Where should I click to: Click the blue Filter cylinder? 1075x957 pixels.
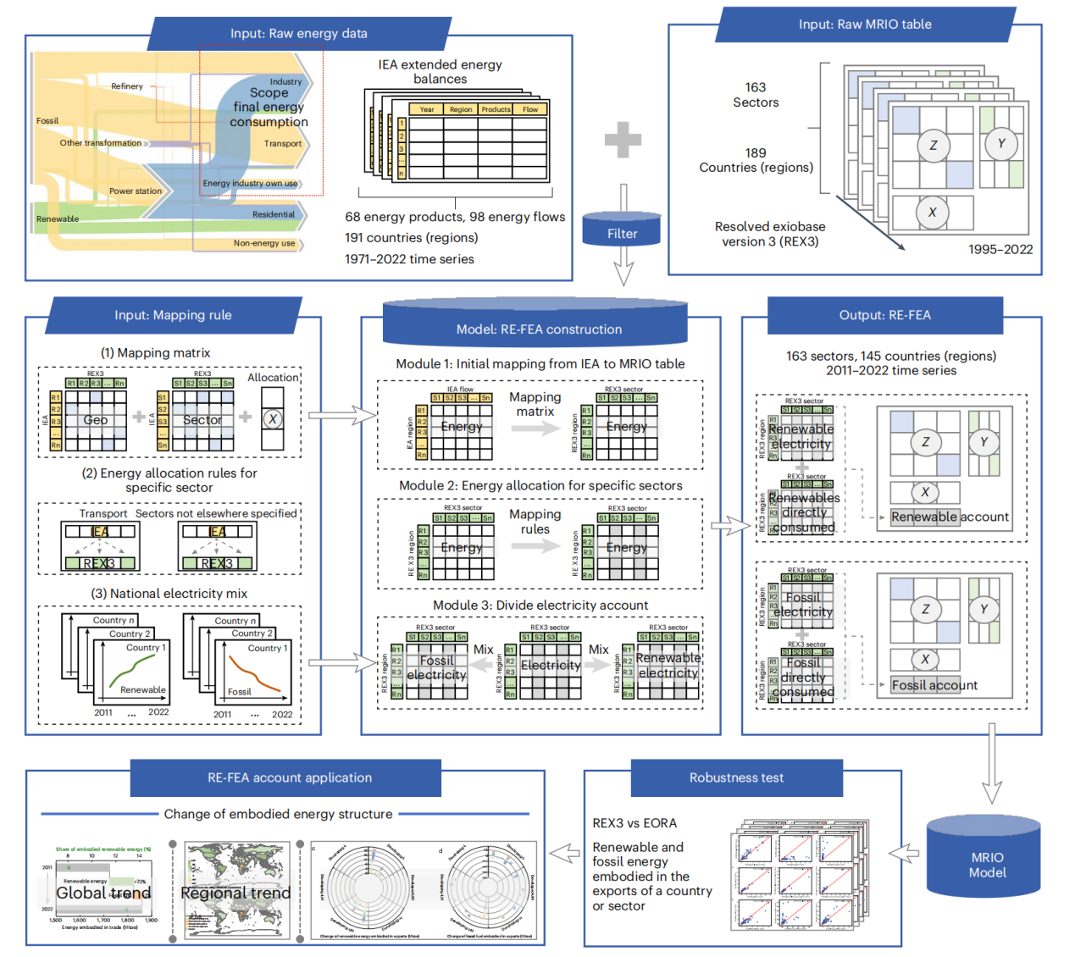pos(622,231)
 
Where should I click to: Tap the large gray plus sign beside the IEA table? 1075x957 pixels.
pos(623,140)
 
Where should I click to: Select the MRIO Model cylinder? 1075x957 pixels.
pos(987,864)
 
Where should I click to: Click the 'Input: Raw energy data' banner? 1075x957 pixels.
pos(298,34)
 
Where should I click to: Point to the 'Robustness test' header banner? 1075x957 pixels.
pos(736,777)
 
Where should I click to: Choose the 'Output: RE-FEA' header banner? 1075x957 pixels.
pos(884,315)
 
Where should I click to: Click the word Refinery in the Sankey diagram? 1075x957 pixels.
pos(127,86)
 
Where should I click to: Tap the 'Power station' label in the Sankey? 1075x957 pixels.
pos(136,191)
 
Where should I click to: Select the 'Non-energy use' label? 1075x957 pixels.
pos(264,243)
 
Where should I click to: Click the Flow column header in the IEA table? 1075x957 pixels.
pos(530,109)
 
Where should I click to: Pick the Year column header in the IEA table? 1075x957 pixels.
pos(427,109)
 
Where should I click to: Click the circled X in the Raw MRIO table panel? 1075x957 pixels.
pos(932,213)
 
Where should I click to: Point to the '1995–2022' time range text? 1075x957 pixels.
pos(1000,249)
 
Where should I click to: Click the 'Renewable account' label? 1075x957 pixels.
pos(950,517)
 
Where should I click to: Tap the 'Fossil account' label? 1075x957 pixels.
pos(934,685)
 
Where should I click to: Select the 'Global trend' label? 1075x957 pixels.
pos(103,893)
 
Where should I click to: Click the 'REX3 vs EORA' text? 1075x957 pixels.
pos(634,823)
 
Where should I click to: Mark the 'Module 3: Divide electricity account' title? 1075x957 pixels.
pos(540,605)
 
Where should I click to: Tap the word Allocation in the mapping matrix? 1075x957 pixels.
pos(273,378)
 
